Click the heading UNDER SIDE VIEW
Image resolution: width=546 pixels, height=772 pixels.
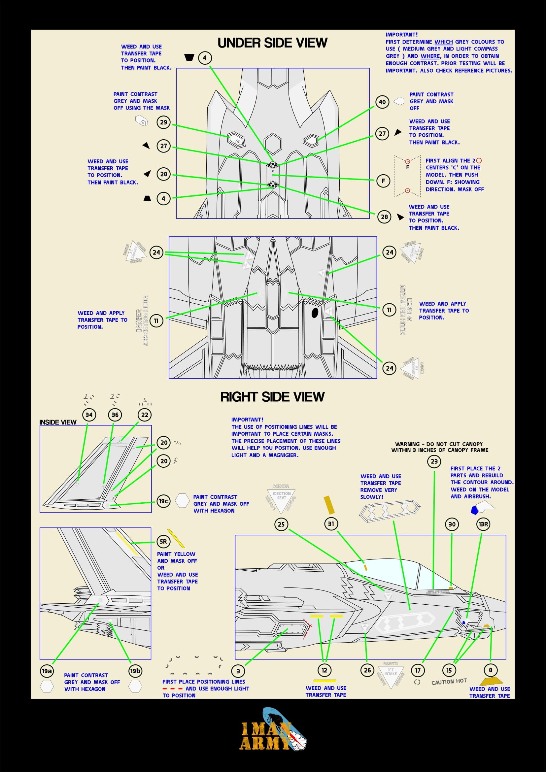pos(272,43)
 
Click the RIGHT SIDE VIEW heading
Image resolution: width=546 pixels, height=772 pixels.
pos(272,397)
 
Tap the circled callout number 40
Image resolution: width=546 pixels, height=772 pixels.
pos(382,102)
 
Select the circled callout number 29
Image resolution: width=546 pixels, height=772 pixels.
pos(163,122)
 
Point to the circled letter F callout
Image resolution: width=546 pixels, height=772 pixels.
pos(383,181)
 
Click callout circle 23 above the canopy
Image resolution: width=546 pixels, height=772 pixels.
pos(434,461)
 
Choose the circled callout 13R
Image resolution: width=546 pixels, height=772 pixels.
pos(483,524)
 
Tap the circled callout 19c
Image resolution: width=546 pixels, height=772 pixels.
pos(163,501)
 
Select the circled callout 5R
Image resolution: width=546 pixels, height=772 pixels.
pos(163,541)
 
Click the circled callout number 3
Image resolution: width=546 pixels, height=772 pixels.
pos(238,671)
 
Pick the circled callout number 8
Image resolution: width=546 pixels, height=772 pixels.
pos(491,670)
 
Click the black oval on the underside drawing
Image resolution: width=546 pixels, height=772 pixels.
pos(315,313)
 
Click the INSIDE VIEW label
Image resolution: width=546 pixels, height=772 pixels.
pos(58,422)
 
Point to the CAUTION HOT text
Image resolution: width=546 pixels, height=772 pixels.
pos(449,682)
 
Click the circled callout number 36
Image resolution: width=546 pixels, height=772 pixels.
pos(115,415)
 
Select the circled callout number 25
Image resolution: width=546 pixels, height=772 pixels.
pos(281,524)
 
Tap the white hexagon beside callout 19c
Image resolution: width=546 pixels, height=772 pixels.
pos(182,500)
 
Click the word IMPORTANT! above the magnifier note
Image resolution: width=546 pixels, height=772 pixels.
pos(247,420)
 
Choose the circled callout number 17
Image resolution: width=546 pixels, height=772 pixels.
pos(418,670)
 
